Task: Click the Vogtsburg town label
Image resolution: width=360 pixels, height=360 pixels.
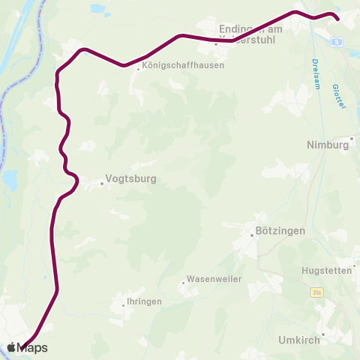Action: pyautogui.click(x=130, y=180)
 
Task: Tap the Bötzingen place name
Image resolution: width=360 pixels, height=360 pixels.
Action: pyautogui.click(x=280, y=231)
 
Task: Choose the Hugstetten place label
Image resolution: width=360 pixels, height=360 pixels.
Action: pyautogui.click(x=325, y=270)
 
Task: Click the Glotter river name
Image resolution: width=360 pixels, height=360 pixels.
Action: pyautogui.click(x=338, y=97)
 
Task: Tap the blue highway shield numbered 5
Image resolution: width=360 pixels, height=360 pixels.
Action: pyautogui.click(x=338, y=41)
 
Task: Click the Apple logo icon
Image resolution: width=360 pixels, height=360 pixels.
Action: pyautogui.click(x=13, y=347)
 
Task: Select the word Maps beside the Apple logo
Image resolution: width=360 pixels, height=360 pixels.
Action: pyautogui.click(x=34, y=347)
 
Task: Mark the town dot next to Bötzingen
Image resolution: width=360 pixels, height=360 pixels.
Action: pyautogui.click(x=252, y=235)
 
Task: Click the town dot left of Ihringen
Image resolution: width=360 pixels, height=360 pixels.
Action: pyautogui.click(x=124, y=305)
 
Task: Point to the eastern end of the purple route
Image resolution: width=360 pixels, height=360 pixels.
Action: pyautogui.click(x=337, y=18)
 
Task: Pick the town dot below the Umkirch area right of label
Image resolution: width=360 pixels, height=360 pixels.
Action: pyautogui.click(x=323, y=334)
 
